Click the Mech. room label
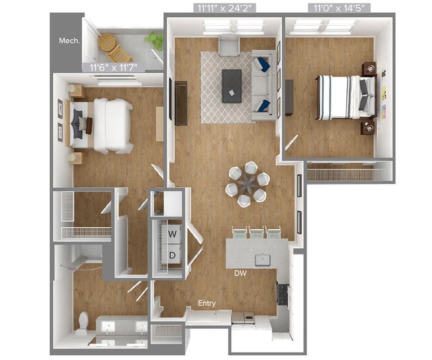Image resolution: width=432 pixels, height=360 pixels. pyautogui.click(x=69, y=41)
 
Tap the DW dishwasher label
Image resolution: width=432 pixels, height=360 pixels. pyautogui.click(x=241, y=273)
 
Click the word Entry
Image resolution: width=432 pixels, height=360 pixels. pyautogui.click(x=207, y=304)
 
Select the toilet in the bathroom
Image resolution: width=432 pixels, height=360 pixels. pyautogui.click(x=82, y=322)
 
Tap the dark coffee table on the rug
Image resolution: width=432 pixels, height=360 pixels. pyautogui.click(x=232, y=84)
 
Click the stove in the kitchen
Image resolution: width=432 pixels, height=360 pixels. pyautogui.click(x=282, y=293)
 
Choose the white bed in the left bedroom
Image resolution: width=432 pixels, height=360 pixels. pyautogui.click(x=106, y=125)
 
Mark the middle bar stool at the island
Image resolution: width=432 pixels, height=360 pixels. pyautogui.click(x=257, y=233)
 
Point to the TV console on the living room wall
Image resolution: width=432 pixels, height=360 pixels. pyautogui.click(x=181, y=102)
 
